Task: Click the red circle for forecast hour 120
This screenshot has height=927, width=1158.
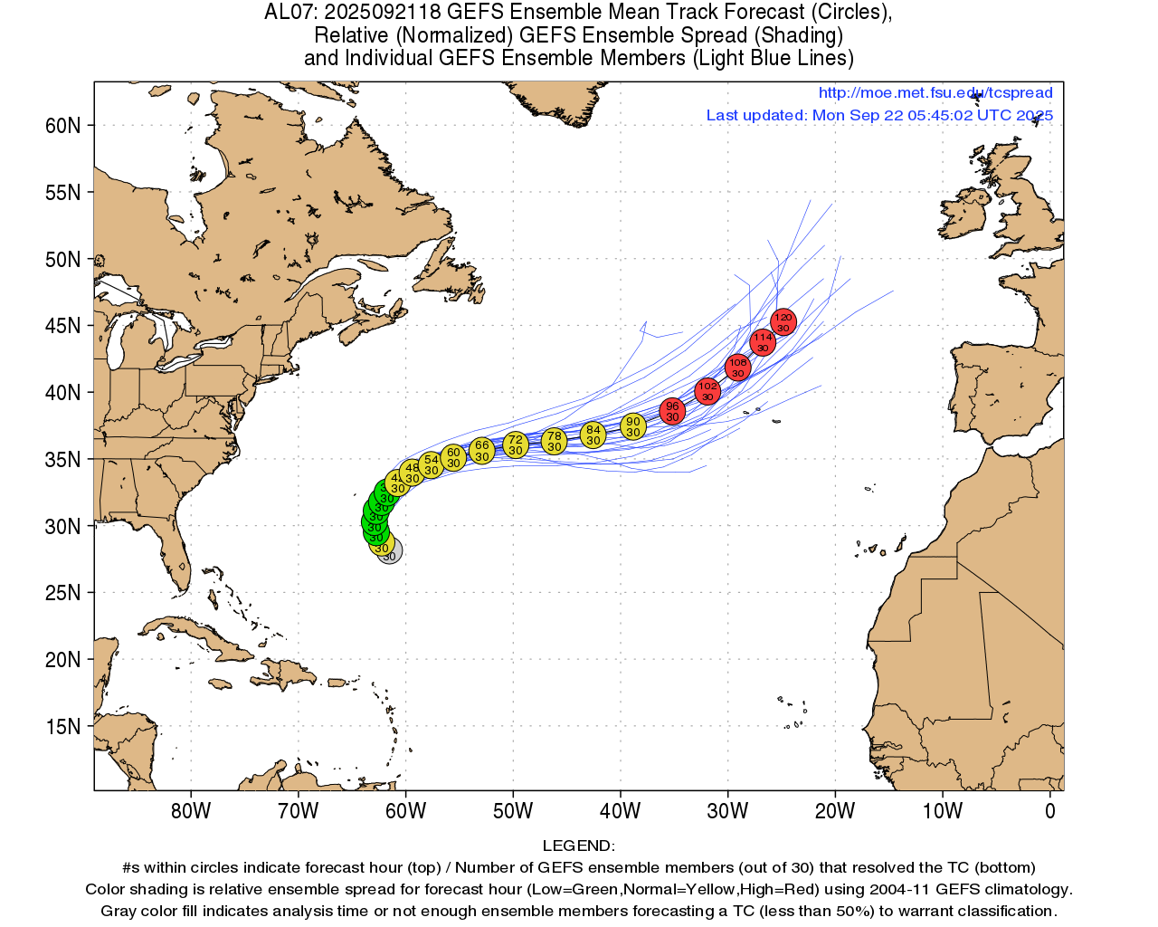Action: pyautogui.click(x=783, y=322)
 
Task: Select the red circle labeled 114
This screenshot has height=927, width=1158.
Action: pyautogui.click(x=763, y=342)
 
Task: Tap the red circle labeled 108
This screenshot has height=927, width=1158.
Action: pyautogui.click(x=738, y=368)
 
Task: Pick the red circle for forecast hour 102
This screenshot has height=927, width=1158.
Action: pyautogui.click(x=707, y=391)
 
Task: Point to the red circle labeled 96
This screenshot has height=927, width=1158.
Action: pyautogui.click(x=672, y=411)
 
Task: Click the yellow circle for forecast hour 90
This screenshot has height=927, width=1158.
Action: pyautogui.click(x=633, y=426)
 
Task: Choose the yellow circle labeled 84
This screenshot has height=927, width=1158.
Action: pyautogui.click(x=593, y=435)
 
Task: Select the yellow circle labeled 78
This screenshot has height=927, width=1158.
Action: pyautogui.click(x=554, y=442)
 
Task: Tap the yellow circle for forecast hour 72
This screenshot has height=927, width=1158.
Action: pyautogui.click(x=515, y=445)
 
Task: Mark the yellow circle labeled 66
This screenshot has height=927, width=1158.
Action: pyautogui.click(x=481, y=451)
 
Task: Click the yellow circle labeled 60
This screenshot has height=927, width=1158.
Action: pyautogui.click(x=453, y=458)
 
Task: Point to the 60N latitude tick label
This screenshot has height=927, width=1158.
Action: pyautogui.click(x=62, y=125)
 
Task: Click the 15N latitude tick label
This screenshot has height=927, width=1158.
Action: pyautogui.click(x=62, y=726)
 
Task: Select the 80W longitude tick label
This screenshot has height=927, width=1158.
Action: pyautogui.click(x=191, y=811)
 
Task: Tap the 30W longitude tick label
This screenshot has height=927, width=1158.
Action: pyautogui.click(x=727, y=811)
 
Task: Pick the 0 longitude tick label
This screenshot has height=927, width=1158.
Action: pyautogui.click(x=1049, y=811)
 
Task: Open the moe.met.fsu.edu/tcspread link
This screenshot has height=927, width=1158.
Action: pyautogui.click(x=935, y=92)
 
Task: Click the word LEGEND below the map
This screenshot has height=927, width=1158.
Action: pyautogui.click(x=578, y=846)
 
